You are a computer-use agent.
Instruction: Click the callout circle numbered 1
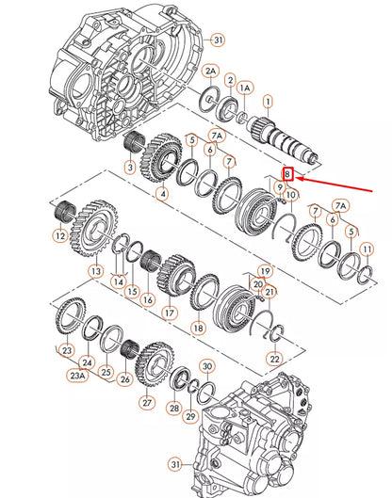(268, 101)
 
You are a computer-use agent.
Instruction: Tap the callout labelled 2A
(210, 71)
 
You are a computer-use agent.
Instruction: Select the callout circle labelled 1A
(245, 87)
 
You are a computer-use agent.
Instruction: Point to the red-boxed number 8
(289, 174)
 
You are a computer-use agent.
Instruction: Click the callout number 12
(59, 236)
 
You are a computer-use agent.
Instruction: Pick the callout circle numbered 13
(96, 270)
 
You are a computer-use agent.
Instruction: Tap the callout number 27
(145, 402)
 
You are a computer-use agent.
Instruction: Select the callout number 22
(274, 359)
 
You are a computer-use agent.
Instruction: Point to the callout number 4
(162, 194)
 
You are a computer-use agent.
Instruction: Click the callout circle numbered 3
(130, 168)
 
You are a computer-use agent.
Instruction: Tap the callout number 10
(291, 195)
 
